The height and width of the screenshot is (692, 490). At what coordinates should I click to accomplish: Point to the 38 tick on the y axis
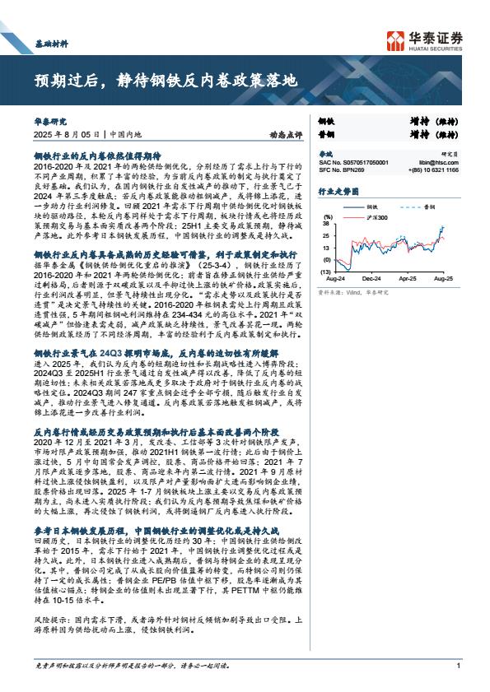tap(326, 223)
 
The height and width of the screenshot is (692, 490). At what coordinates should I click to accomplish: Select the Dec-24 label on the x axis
tap(371, 280)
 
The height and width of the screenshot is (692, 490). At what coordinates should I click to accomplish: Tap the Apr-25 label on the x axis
tap(408, 280)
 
